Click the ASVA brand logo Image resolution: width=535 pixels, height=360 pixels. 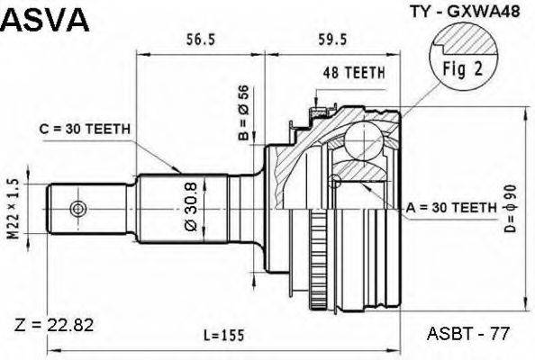pos(45,20)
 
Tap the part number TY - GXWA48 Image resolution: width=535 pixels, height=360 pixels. pos(465,12)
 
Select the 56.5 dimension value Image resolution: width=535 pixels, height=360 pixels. pos(201,40)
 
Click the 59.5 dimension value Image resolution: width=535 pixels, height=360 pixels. pos(332,40)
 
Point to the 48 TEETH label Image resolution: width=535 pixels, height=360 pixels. pos(354,73)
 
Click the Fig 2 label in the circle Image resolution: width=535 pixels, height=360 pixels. pos(463,69)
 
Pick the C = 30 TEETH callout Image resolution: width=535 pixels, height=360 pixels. pos(85,130)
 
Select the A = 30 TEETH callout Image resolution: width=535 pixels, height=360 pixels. pos(451,207)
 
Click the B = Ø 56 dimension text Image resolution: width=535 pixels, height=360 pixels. pos(244,112)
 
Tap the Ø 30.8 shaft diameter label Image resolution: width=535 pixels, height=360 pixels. pos(191,207)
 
